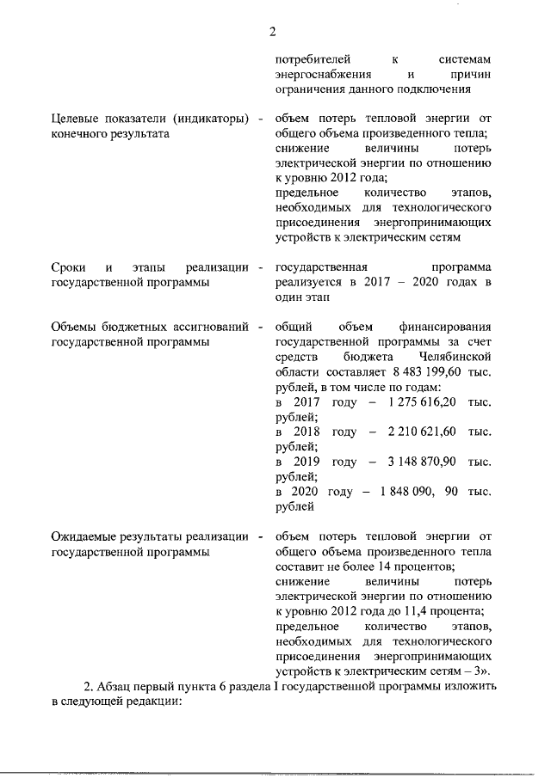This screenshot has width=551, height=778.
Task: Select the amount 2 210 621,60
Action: [x=422, y=431]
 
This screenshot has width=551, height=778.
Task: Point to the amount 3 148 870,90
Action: [x=422, y=461]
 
